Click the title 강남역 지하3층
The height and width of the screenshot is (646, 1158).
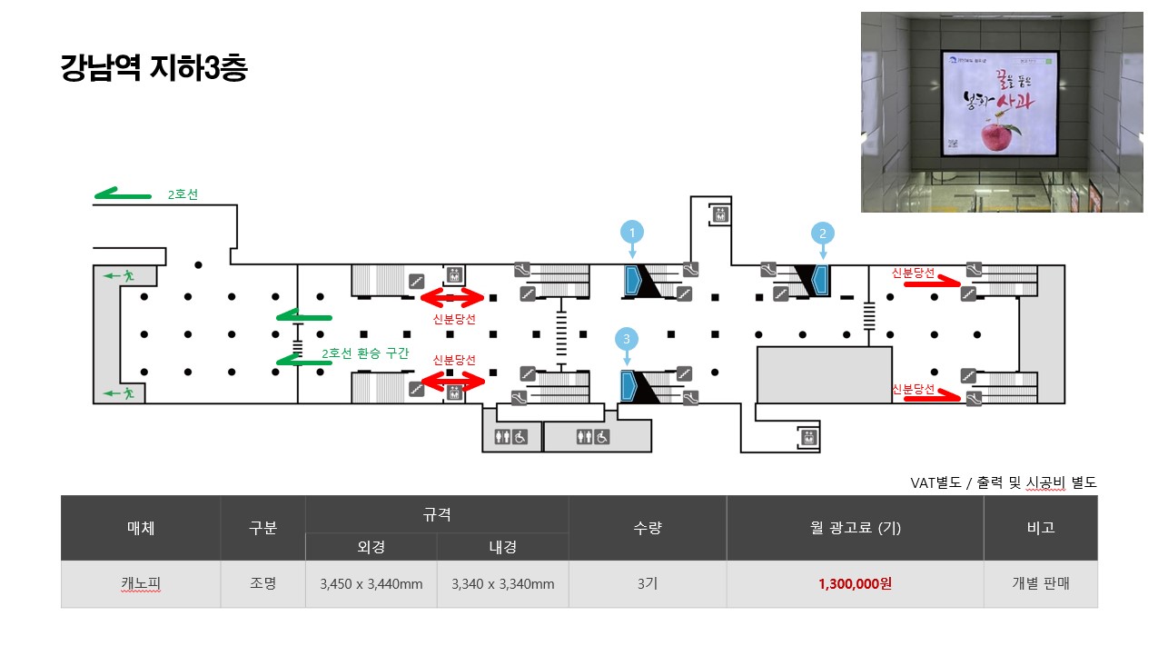pyautogui.click(x=153, y=68)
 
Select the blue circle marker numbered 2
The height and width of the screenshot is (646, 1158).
pyautogui.click(x=822, y=233)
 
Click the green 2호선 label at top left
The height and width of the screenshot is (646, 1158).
pyautogui.click(x=183, y=194)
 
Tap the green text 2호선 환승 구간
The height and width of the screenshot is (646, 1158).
pyautogui.click(x=367, y=353)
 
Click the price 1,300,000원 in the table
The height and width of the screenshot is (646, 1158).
pyautogui.click(x=855, y=584)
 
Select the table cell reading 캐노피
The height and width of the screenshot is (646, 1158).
pyautogui.click(x=140, y=584)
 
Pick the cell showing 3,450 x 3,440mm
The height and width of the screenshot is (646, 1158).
pyautogui.click(x=371, y=584)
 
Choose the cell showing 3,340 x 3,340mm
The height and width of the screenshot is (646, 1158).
pyautogui.click(x=502, y=584)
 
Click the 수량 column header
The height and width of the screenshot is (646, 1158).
pyautogui.click(x=647, y=528)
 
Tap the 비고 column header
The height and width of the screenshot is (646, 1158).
pyautogui.click(x=1040, y=528)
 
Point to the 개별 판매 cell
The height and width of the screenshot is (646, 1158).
pyautogui.click(x=1040, y=584)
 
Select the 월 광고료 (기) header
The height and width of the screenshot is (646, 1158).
pyautogui.click(x=855, y=528)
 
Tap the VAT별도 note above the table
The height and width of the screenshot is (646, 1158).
pyautogui.click(x=1003, y=482)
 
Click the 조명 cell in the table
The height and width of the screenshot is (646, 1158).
pyautogui.click(x=262, y=584)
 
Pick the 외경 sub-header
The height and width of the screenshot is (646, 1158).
pyautogui.click(x=371, y=547)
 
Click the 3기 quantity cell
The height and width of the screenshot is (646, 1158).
pyautogui.click(x=647, y=584)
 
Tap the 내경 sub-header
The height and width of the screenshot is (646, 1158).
pyautogui.click(x=502, y=547)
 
